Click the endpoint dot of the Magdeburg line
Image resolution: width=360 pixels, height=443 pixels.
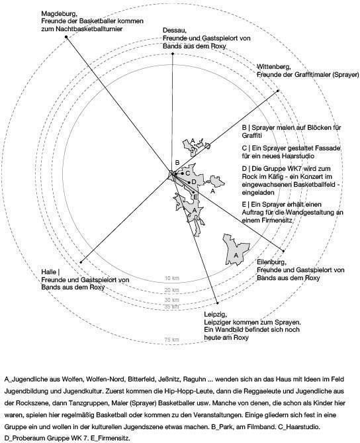[66, 37]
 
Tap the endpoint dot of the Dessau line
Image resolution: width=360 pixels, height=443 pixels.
[173, 54]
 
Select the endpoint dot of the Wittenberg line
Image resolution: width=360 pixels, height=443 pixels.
[278, 91]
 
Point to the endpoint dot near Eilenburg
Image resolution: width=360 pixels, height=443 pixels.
[283, 250]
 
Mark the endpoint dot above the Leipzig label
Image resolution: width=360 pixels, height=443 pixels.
[218, 303]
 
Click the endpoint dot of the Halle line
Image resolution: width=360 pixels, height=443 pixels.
[81, 262]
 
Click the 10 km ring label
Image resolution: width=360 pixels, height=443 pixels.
[171, 278]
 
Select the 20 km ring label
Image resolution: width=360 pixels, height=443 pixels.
[171, 290]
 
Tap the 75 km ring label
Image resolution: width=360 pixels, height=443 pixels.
[171, 340]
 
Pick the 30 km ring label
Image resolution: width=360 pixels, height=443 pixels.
[171, 300]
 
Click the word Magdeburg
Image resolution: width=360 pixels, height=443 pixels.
[60, 14]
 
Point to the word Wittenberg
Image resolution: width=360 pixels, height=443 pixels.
[273, 67]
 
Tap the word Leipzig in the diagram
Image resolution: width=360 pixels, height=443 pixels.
[216, 315]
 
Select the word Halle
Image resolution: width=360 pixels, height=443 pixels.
[49, 271]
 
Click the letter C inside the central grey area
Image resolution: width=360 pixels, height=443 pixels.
[187, 173]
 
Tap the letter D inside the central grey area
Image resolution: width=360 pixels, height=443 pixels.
[194, 182]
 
